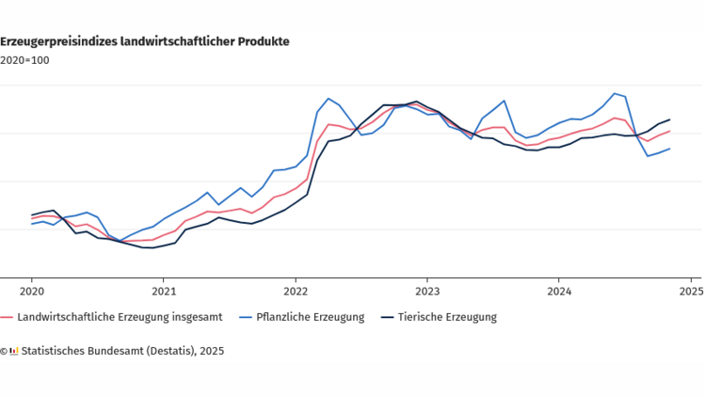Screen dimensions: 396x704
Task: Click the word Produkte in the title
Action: coord(264,41)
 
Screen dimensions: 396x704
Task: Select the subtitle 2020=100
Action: coord(24,60)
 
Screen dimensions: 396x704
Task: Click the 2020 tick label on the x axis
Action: coord(32,291)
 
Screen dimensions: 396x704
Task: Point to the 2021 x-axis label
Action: coord(164,291)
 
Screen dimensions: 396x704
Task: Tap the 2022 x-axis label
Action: coord(296,291)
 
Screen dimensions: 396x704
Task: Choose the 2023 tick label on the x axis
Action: coord(427,291)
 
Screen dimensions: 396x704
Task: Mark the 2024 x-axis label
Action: coord(559,291)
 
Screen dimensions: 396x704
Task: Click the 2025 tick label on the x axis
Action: coord(690,291)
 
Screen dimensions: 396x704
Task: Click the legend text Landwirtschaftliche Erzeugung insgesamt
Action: coord(120,317)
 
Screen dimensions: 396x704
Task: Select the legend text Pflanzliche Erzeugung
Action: coord(310,317)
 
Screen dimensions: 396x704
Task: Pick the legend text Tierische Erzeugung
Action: coord(447,317)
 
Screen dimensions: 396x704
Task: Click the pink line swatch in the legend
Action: coord(7,317)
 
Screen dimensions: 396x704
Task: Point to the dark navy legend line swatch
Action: coord(386,317)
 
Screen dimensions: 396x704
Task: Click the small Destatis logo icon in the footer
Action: coord(13,350)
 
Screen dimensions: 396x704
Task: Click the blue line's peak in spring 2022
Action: coord(328,98)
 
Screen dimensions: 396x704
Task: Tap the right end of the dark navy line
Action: coord(669,119)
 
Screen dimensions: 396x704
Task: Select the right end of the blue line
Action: coord(669,149)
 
